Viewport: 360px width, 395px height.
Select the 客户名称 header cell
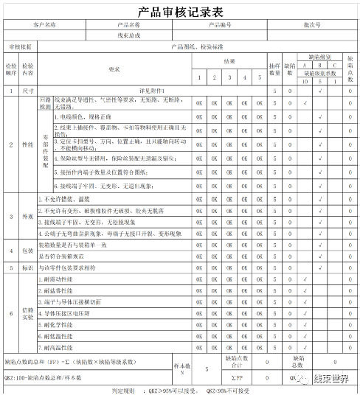click(41, 24)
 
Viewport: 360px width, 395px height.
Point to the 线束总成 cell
click(129, 35)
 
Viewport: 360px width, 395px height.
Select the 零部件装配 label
click(45, 147)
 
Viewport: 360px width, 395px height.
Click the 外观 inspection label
click(28, 217)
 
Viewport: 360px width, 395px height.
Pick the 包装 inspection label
click(28, 250)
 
